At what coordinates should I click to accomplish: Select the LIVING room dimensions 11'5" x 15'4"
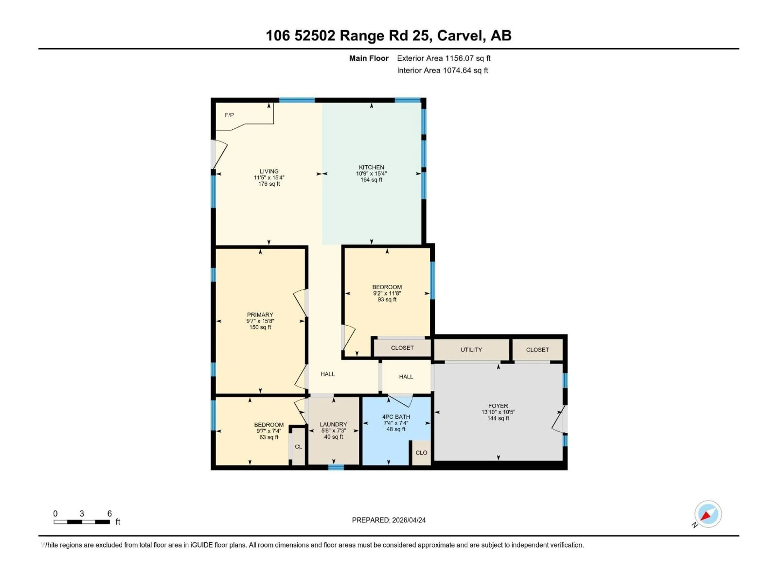pos(269,178)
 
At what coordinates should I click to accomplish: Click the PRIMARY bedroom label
pos(260,315)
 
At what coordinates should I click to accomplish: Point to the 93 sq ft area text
pos(387,300)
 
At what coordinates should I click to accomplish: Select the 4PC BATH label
pos(396,417)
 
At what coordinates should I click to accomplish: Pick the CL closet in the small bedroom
pos(298,447)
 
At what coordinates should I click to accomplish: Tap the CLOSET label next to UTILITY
pos(537,350)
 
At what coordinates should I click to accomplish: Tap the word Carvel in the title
pos(459,35)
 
